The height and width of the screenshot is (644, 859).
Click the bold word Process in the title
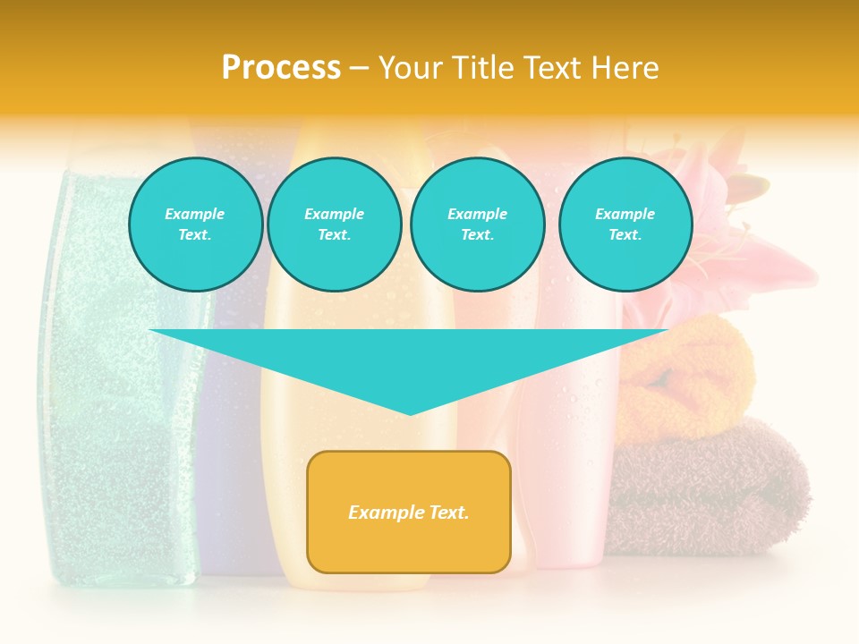281,68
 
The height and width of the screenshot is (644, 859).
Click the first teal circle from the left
195,225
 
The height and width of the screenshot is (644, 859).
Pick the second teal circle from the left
334,225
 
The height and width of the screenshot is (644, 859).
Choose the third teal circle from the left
477,225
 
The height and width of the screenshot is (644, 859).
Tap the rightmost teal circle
625,225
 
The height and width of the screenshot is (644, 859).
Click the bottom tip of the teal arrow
410,414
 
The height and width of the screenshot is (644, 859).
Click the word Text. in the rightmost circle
625,235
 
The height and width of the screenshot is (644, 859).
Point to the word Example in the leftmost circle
195,214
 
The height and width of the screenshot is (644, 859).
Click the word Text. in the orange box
447,513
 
